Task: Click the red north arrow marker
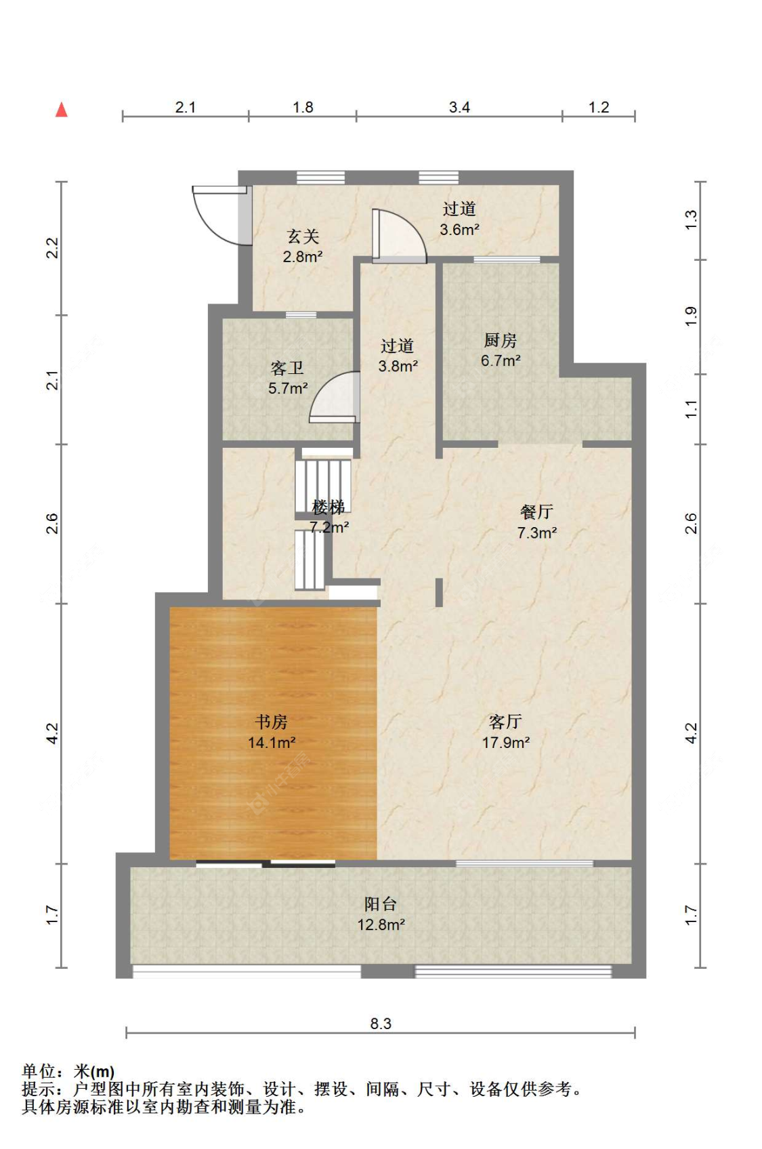pyautogui.click(x=62, y=109)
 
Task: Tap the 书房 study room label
pyautogui.click(x=271, y=722)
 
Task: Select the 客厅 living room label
pyautogui.click(x=505, y=722)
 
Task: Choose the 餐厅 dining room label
pyautogui.click(x=536, y=511)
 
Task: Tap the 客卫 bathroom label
pyautogui.click(x=287, y=368)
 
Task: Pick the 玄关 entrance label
pyautogui.click(x=303, y=236)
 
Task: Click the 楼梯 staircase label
pyautogui.click(x=329, y=507)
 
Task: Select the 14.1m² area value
pyautogui.click(x=272, y=743)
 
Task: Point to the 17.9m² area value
pyautogui.click(x=505, y=743)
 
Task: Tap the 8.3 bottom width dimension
pyautogui.click(x=381, y=1023)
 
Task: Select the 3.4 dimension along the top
pyautogui.click(x=459, y=107)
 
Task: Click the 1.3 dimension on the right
pyautogui.click(x=692, y=220)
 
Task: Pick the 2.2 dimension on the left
pyautogui.click(x=53, y=248)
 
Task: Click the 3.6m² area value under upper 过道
pyautogui.click(x=459, y=229)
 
